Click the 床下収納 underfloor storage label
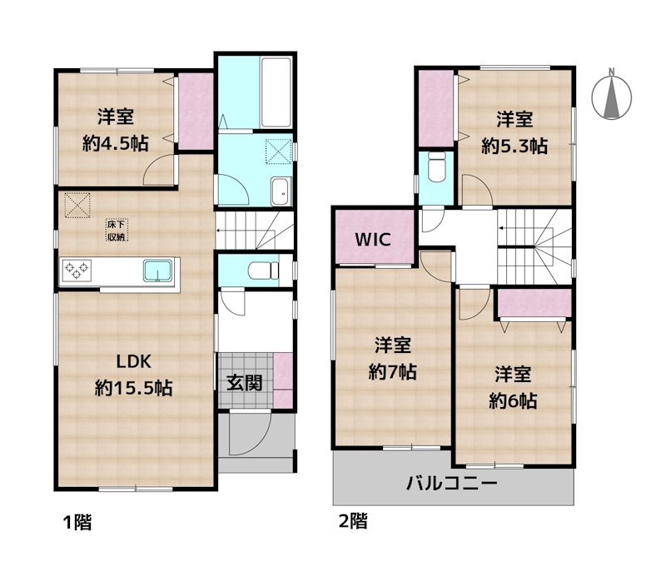[x=116, y=230]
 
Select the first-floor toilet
[x=264, y=270]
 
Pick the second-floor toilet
[x=435, y=169]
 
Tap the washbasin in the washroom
[x=281, y=191]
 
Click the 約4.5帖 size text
[x=116, y=143]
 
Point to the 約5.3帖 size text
[x=514, y=145]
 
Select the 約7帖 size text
[x=393, y=372]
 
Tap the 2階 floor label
[x=353, y=524]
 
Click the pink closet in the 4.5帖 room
[x=196, y=112]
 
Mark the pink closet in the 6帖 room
[x=533, y=303]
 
